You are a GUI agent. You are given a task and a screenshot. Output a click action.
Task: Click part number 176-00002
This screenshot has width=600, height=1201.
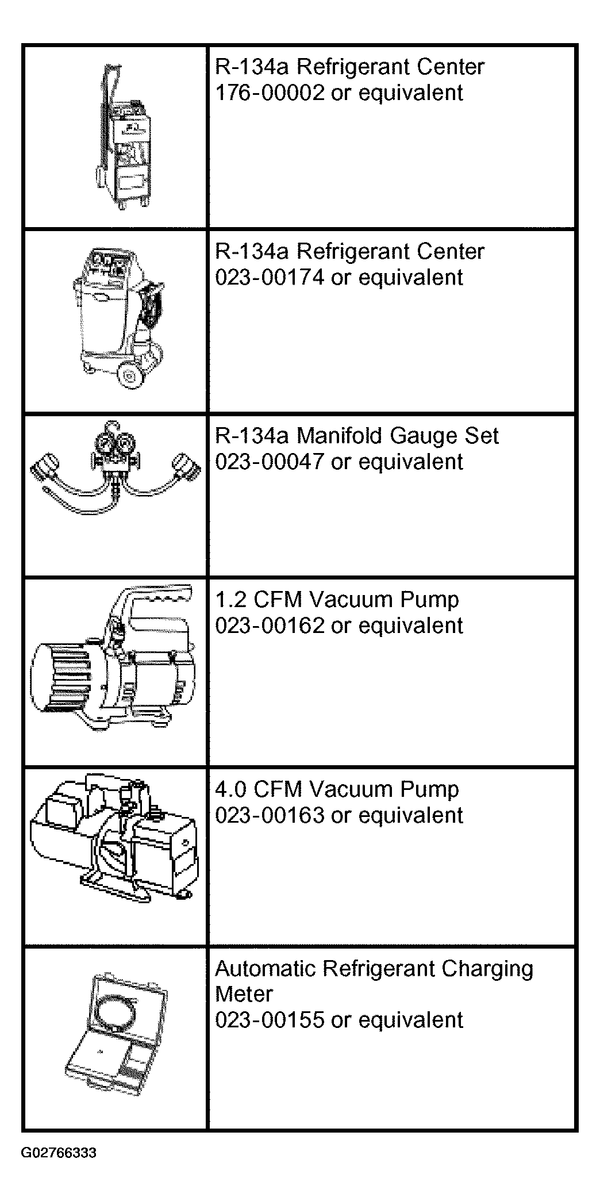tap(270, 93)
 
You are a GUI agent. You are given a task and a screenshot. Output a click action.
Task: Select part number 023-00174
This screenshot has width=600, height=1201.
tap(270, 277)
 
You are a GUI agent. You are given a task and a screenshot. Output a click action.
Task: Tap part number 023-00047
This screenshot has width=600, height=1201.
tap(270, 462)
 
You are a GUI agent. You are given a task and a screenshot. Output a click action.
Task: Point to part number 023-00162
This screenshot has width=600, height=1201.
tap(270, 625)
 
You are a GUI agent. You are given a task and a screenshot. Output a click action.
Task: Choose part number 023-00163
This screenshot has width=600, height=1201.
tap(270, 815)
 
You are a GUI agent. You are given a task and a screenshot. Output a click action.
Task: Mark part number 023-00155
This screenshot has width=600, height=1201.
tap(270, 1019)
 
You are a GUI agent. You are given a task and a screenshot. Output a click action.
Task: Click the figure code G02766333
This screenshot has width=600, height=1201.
tap(59, 1153)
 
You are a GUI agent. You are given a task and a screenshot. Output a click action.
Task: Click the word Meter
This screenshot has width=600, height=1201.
tap(244, 994)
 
